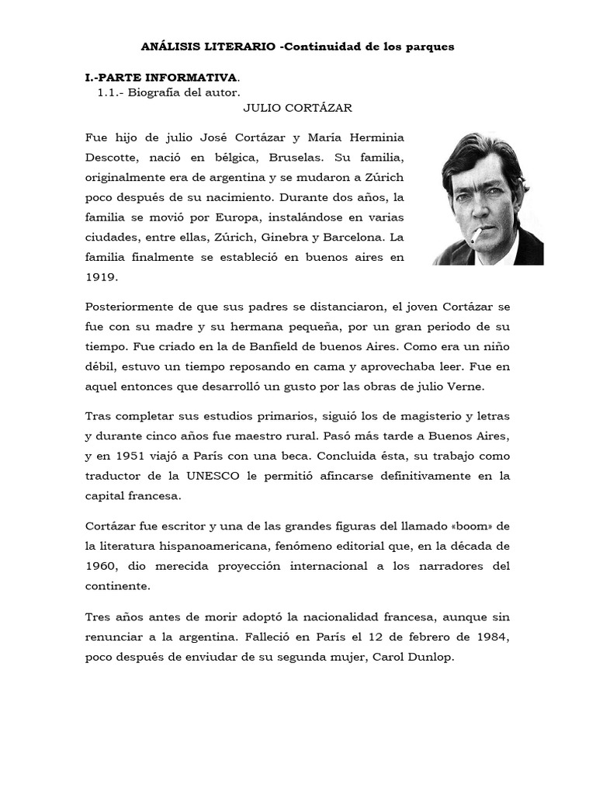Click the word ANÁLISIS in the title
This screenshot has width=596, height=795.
(x=169, y=47)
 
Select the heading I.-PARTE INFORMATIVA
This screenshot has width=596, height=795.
(x=161, y=78)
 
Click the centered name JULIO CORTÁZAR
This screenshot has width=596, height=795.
(x=298, y=108)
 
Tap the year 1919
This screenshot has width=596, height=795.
(x=101, y=276)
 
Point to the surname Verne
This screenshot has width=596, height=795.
(x=483, y=386)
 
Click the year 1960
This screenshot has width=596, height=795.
(x=101, y=566)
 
